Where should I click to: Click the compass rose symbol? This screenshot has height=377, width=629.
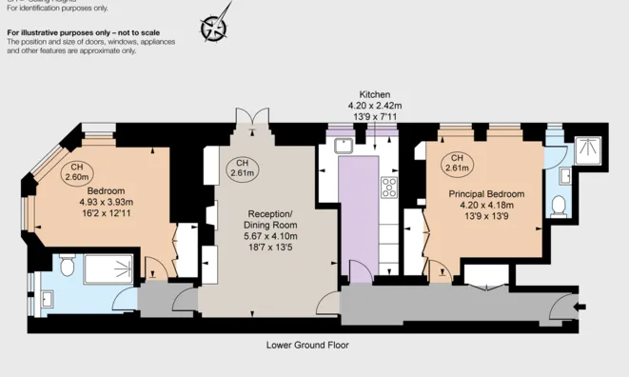tap(215, 26)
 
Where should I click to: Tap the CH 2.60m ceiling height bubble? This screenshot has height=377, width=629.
tap(76, 172)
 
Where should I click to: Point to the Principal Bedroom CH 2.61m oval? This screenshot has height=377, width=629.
tap(458, 163)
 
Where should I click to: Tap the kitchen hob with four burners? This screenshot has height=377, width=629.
tap(389, 188)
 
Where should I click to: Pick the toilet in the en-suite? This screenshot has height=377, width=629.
tap(560, 207)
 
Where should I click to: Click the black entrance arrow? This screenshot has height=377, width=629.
tap(578, 306)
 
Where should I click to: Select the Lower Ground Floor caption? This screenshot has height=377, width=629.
tap(307, 345)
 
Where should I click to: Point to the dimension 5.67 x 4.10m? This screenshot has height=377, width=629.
tap(272, 235)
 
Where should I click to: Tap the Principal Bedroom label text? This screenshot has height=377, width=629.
tap(486, 193)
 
